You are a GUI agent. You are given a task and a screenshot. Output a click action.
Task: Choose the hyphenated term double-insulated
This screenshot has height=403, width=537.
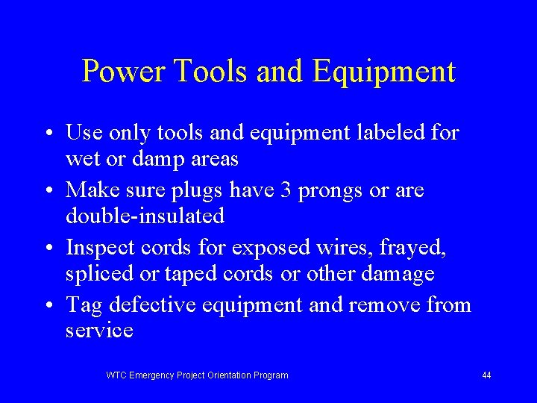[145, 216]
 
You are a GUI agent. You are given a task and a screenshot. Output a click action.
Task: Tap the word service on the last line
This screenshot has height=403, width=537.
[99, 331]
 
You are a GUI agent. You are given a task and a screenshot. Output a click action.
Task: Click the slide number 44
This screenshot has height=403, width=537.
[486, 375]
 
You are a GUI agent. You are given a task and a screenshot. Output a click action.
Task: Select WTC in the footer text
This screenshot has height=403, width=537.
[116, 375]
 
